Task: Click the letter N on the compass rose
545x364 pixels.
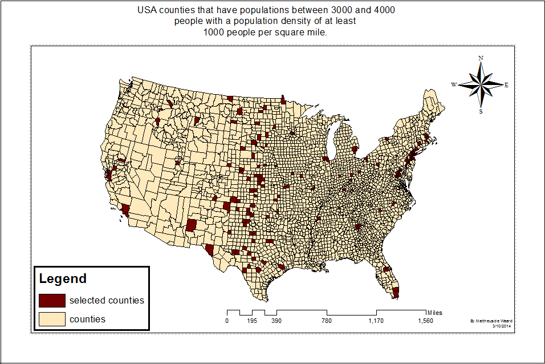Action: click(481, 58)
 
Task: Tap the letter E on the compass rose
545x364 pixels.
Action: click(506, 85)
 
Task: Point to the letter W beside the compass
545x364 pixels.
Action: click(454, 84)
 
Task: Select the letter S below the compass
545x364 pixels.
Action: click(481, 112)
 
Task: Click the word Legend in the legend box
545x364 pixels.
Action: click(63, 279)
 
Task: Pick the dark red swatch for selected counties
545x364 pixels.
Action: click(52, 300)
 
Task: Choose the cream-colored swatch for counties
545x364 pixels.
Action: click(52, 319)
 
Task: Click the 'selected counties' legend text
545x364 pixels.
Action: click(107, 300)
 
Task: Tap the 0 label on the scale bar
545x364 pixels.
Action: click(227, 321)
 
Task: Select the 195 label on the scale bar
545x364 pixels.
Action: click(252, 321)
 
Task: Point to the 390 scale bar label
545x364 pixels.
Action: click(276, 321)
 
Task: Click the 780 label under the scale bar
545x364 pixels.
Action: click(326, 321)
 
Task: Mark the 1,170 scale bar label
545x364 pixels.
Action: click(376, 321)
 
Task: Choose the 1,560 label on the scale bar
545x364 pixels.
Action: click(425, 321)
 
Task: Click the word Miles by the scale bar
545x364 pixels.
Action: click(434, 313)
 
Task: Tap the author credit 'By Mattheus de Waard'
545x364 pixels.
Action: click(493, 321)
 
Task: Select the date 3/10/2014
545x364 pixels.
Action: click(502, 326)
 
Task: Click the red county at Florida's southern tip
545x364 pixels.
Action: click(396, 293)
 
